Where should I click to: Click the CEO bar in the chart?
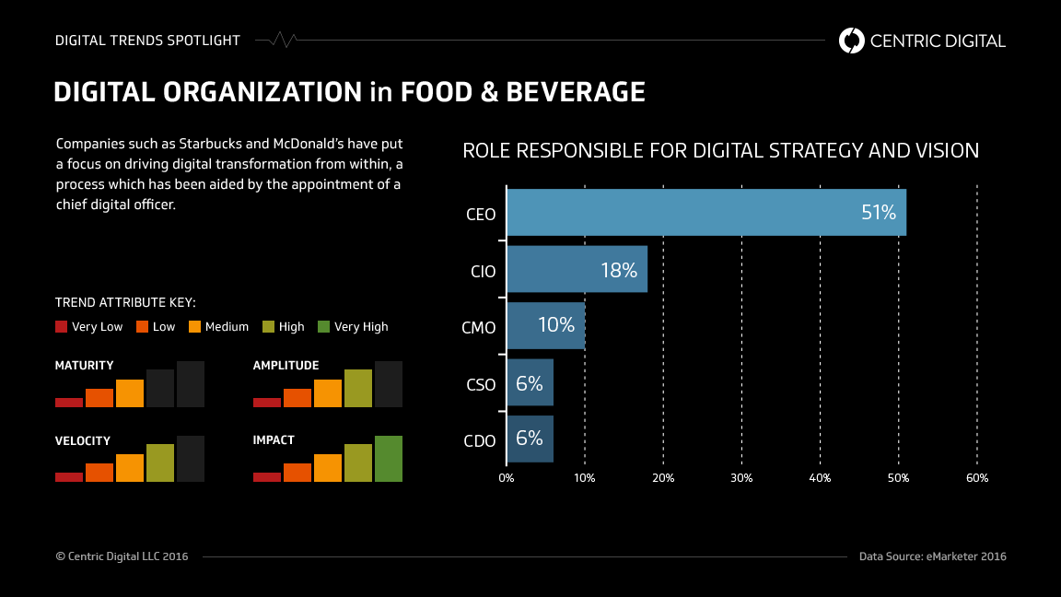pos(705,213)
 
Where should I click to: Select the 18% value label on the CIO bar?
pos(619,270)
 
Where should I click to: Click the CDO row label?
pos(480,440)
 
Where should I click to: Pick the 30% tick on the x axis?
pos(741,478)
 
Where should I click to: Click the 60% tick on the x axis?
pos(976,478)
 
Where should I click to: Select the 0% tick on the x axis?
pos(507,478)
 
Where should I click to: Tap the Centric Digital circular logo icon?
pos(852,41)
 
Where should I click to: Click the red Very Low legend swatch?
pos(62,326)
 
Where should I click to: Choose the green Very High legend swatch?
pos(323,326)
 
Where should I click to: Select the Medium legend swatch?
pos(194,326)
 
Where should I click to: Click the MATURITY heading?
pos(85,366)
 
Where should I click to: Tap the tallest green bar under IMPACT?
pos(389,459)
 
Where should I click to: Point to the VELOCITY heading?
pos(83,440)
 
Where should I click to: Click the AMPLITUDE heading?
pos(286,366)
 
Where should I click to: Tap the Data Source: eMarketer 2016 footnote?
pos(932,556)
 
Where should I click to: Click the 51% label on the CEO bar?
pos(878,213)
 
